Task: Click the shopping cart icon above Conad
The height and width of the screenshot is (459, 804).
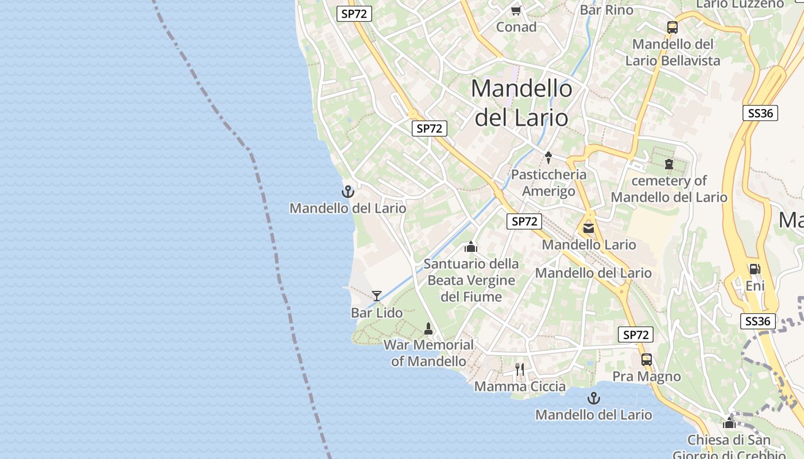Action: [516, 10]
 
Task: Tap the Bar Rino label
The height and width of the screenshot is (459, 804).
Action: [606, 10]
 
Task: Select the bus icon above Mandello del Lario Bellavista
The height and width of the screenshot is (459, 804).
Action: [672, 27]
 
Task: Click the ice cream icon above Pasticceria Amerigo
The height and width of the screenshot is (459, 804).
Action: [548, 157]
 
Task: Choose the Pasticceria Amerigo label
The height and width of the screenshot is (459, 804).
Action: [548, 182]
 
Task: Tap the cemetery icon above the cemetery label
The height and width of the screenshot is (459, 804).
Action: [668, 164]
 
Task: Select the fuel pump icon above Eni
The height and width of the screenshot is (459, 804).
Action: [755, 269]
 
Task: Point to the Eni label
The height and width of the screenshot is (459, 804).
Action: [755, 285]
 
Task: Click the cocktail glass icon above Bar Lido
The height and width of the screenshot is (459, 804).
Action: [377, 296]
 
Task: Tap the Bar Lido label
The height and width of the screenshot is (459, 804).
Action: [377, 313]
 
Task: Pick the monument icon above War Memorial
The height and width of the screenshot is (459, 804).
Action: [428, 328]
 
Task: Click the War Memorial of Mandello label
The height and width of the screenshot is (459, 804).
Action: [428, 353]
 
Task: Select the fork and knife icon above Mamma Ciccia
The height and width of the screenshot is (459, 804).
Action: [520, 369]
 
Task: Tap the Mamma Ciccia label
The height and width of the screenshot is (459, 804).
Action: [520, 386]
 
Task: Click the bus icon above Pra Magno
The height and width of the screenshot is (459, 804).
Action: [647, 360]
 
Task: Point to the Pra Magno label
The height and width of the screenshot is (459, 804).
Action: [647, 376]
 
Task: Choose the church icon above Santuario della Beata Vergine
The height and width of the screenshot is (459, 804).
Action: [471, 247]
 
